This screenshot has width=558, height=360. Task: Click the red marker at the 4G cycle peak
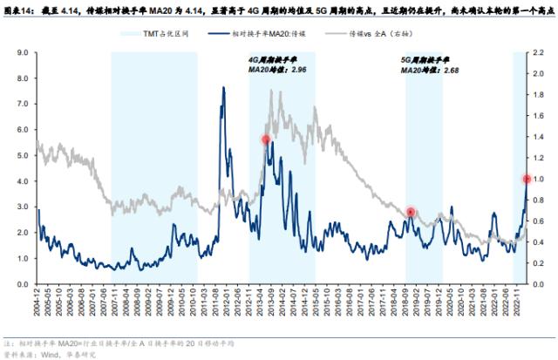coord(266,139)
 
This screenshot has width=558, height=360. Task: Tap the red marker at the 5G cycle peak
coord(411,213)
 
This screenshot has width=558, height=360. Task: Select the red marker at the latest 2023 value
coord(527,179)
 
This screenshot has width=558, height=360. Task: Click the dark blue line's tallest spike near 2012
coord(224,88)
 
